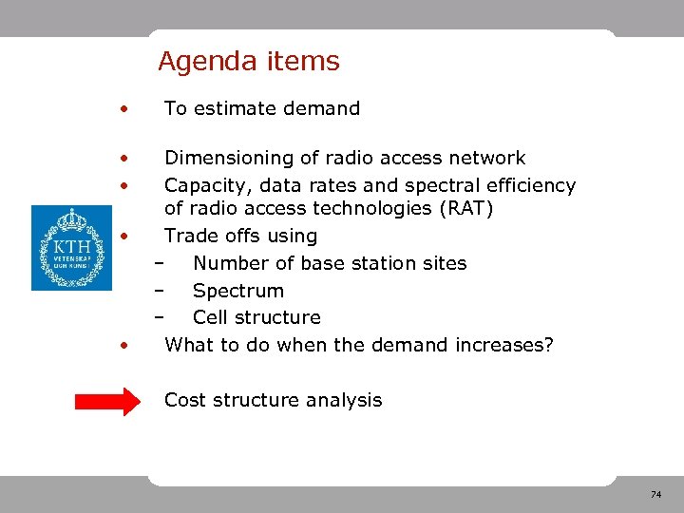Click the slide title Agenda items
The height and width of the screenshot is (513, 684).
248,62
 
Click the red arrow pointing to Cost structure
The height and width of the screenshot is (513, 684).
106,401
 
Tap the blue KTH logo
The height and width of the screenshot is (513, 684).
71,247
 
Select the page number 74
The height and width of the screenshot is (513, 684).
655,495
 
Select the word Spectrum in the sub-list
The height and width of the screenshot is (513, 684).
237,291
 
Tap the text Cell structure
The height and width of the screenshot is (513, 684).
256,317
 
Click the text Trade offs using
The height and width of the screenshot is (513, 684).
240,236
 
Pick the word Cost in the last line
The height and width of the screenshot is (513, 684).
185,400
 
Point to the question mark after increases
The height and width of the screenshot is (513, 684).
547,345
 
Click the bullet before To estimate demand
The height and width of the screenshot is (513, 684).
123,109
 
